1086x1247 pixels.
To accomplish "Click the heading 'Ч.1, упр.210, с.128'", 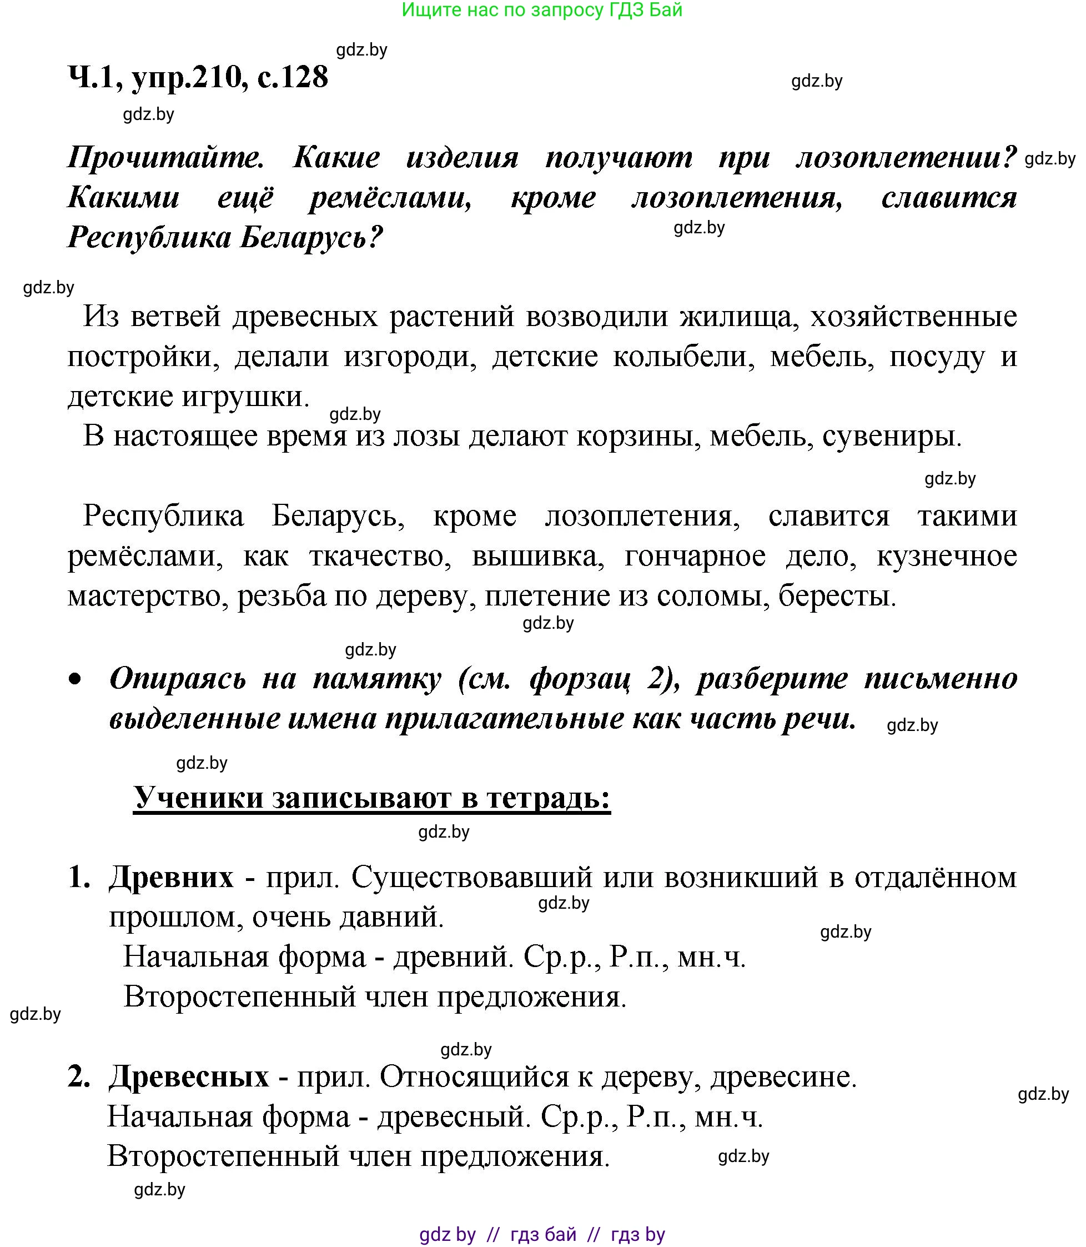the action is click(198, 78).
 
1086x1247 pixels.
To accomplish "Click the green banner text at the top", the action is click(542, 11).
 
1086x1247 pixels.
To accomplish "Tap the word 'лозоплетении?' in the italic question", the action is click(906, 158).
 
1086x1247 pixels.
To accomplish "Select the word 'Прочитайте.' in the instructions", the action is click(166, 158).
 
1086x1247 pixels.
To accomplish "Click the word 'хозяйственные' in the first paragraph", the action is click(914, 317).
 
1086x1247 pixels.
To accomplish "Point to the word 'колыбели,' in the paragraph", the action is click(683, 357).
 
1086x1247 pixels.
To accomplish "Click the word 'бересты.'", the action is click(837, 597).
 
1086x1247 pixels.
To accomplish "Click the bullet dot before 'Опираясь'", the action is click(74, 680).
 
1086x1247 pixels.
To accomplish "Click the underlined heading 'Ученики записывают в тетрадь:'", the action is click(371, 798).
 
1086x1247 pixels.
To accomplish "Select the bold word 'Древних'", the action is click(171, 877).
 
